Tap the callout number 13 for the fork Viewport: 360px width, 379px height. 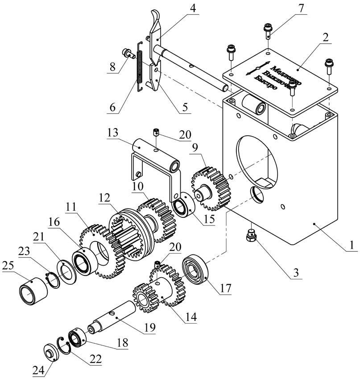pyautogui.click(x=113, y=133)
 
